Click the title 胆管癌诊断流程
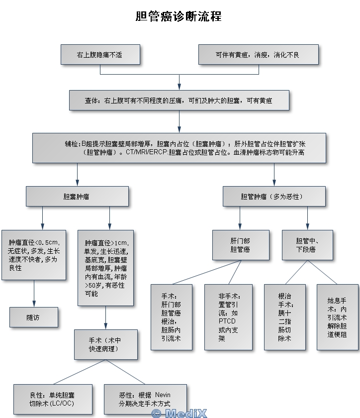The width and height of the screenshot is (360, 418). coord(179,16)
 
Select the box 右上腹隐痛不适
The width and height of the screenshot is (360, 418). coord(100,55)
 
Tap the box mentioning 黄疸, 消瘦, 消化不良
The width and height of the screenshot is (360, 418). coord(258,55)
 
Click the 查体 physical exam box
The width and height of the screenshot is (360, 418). coord(179,100)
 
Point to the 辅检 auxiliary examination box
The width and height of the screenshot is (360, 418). coord(179,148)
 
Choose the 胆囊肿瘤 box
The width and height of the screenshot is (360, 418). coord(77,197)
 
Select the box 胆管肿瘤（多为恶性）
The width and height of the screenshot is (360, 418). coord(274,197)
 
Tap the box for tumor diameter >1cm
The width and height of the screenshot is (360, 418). coord(105,268)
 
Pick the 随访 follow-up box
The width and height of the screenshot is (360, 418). coord(33,317)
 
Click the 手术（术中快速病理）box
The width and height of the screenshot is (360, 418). coord(105,344)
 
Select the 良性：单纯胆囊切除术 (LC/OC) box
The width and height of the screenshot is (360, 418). coord(52,399)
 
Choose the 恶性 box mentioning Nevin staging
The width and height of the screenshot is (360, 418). coord(145,399)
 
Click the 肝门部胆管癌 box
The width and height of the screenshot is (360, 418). coord(241,245)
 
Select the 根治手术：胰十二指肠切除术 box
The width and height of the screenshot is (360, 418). coord(285,316)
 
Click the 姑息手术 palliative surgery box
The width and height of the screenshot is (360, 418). coord(337,316)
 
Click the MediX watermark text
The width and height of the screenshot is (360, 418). coord(179,413)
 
